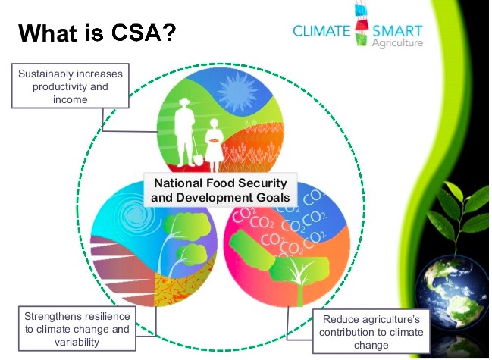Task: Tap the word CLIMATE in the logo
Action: click(x=321, y=31)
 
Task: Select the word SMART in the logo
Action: click(x=397, y=31)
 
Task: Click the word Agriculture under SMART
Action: click(x=397, y=42)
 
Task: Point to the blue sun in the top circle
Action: click(x=237, y=92)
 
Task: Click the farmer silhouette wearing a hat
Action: click(x=184, y=133)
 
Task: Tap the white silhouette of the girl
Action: click(x=214, y=146)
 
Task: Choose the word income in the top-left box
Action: click(x=71, y=100)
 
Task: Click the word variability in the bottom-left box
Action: click(x=77, y=342)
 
